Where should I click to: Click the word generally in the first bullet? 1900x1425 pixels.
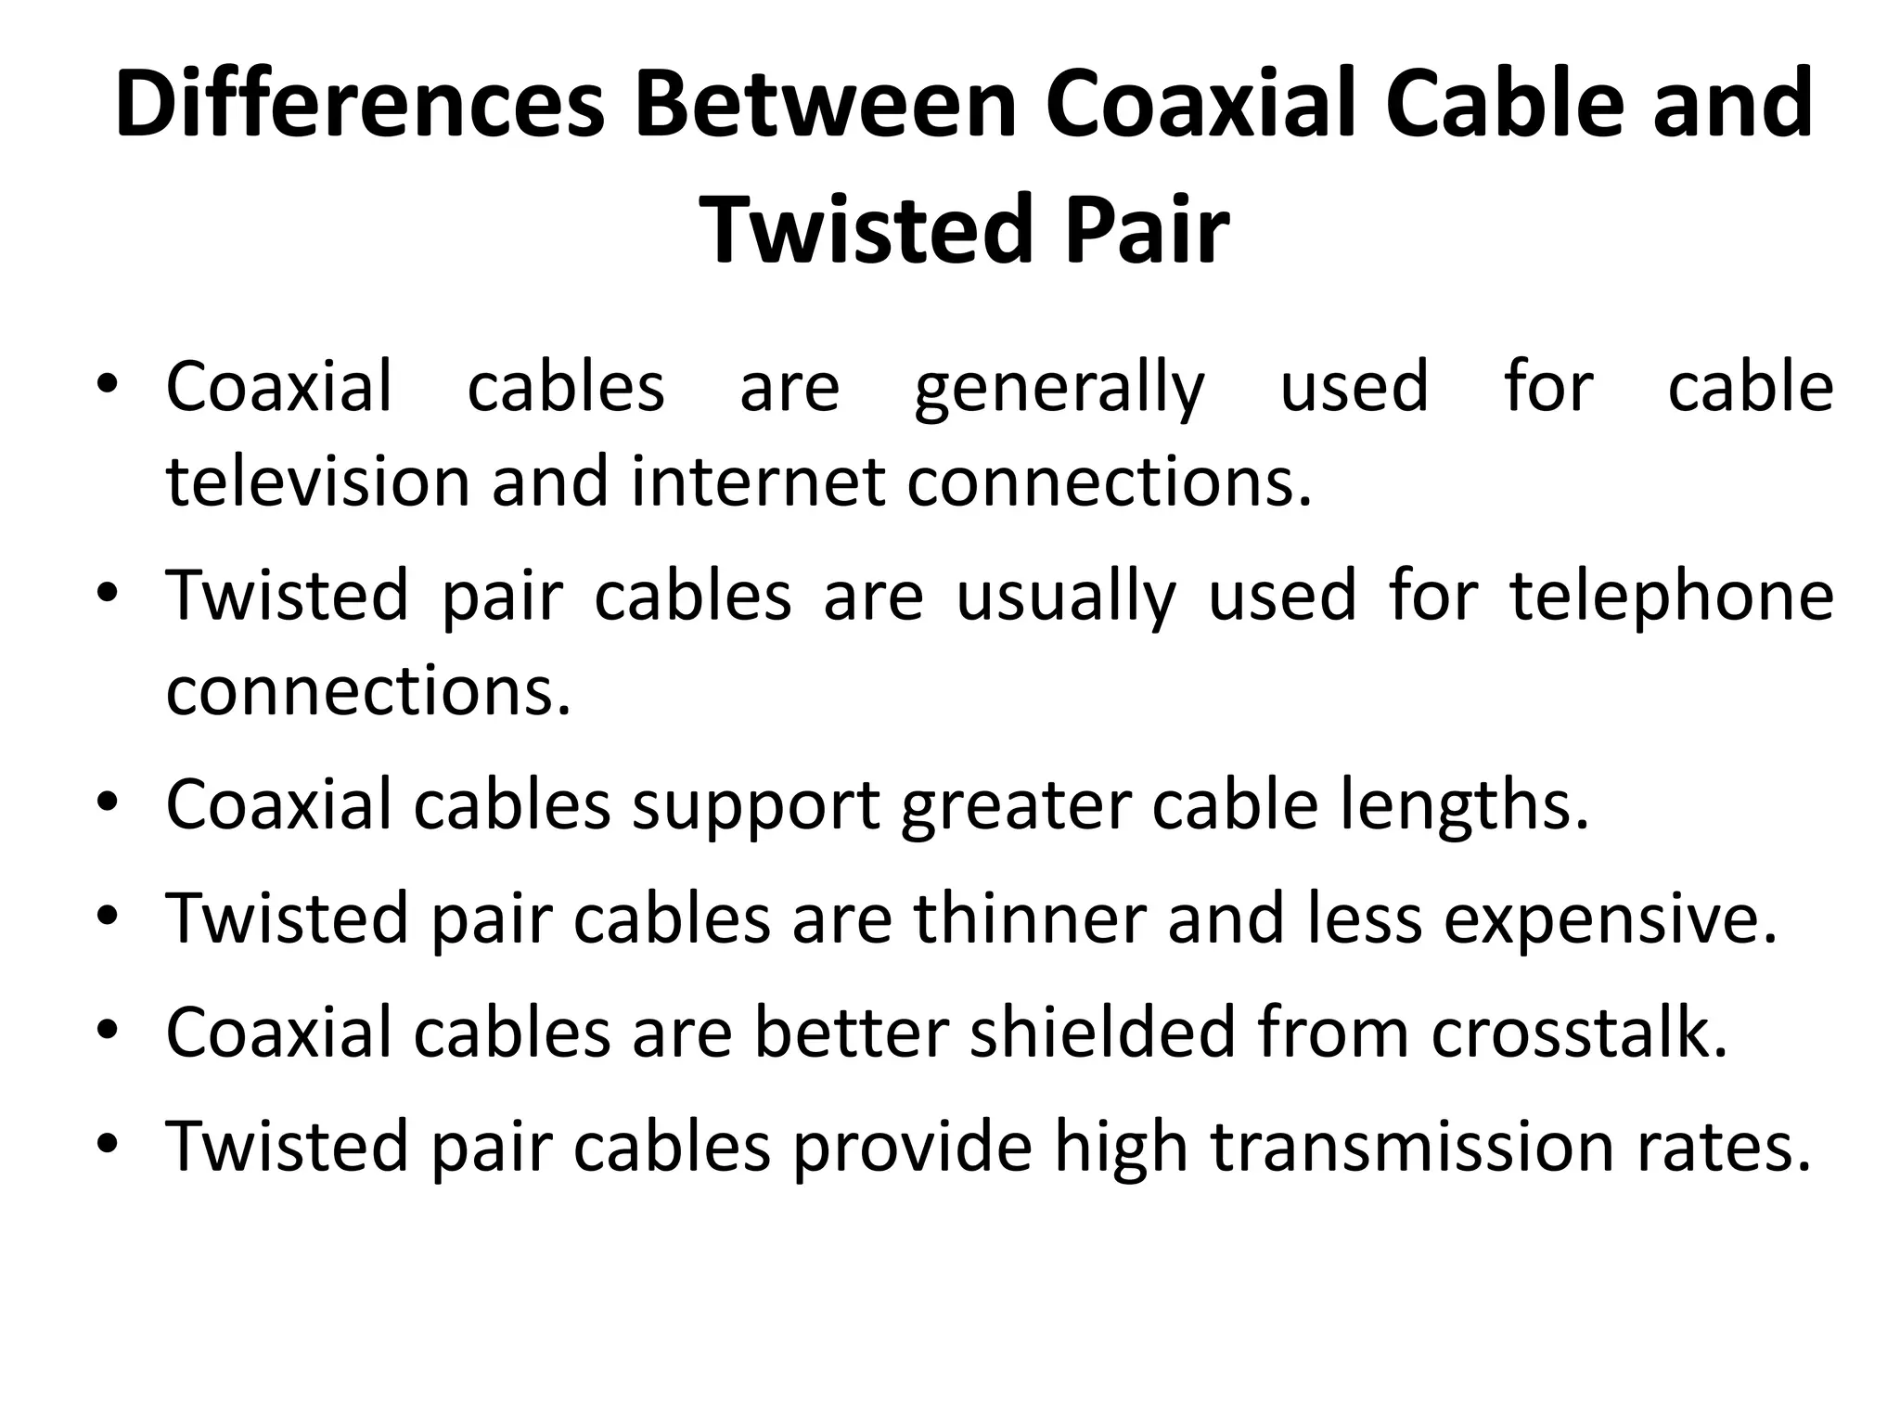pos(1059,390)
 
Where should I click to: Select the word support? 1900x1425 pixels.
pos(755,805)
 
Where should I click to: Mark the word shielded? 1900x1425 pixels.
pos(1102,1033)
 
